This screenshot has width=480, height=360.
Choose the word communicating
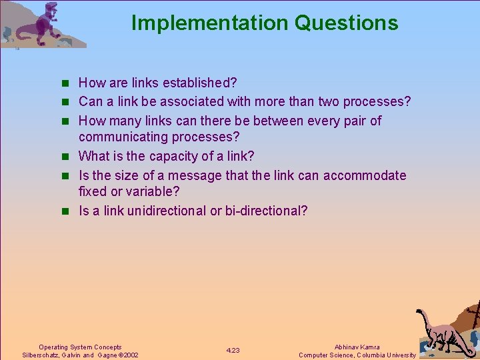(x=121, y=137)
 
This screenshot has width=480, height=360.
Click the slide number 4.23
(x=233, y=351)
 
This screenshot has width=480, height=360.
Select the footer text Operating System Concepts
(x=80, y=347)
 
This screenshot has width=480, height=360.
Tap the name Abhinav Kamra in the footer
(x=357, y=347)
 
